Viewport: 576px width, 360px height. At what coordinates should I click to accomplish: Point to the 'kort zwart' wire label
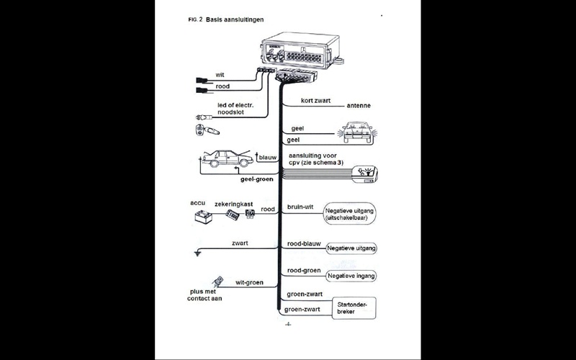click(315, 101)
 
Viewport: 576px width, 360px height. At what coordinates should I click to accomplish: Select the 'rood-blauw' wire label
click(304, 244)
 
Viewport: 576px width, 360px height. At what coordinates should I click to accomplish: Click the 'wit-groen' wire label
click(249, 282)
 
